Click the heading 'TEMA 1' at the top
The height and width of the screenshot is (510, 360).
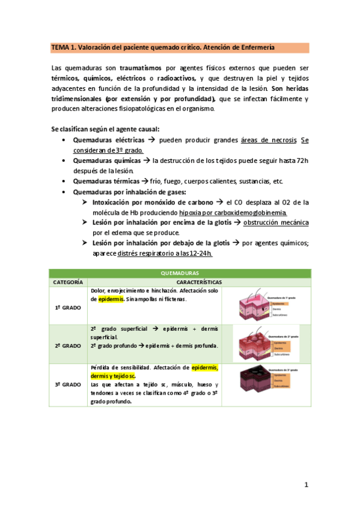point(62,47)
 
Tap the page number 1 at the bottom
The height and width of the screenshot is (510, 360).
point(306,484)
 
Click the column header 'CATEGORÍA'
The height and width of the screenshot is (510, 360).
point(67,281)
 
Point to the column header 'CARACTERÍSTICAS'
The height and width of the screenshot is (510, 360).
point(199,281)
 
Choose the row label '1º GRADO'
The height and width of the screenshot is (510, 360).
point(67,307)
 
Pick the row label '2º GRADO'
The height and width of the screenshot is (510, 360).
point(67,346)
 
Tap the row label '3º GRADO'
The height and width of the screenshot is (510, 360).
point(67,384)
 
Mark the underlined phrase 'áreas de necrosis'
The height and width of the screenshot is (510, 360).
point(268,140)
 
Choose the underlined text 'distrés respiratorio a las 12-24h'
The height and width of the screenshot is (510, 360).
point(164,253)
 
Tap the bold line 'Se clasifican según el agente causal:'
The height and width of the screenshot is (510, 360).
point(105,129)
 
